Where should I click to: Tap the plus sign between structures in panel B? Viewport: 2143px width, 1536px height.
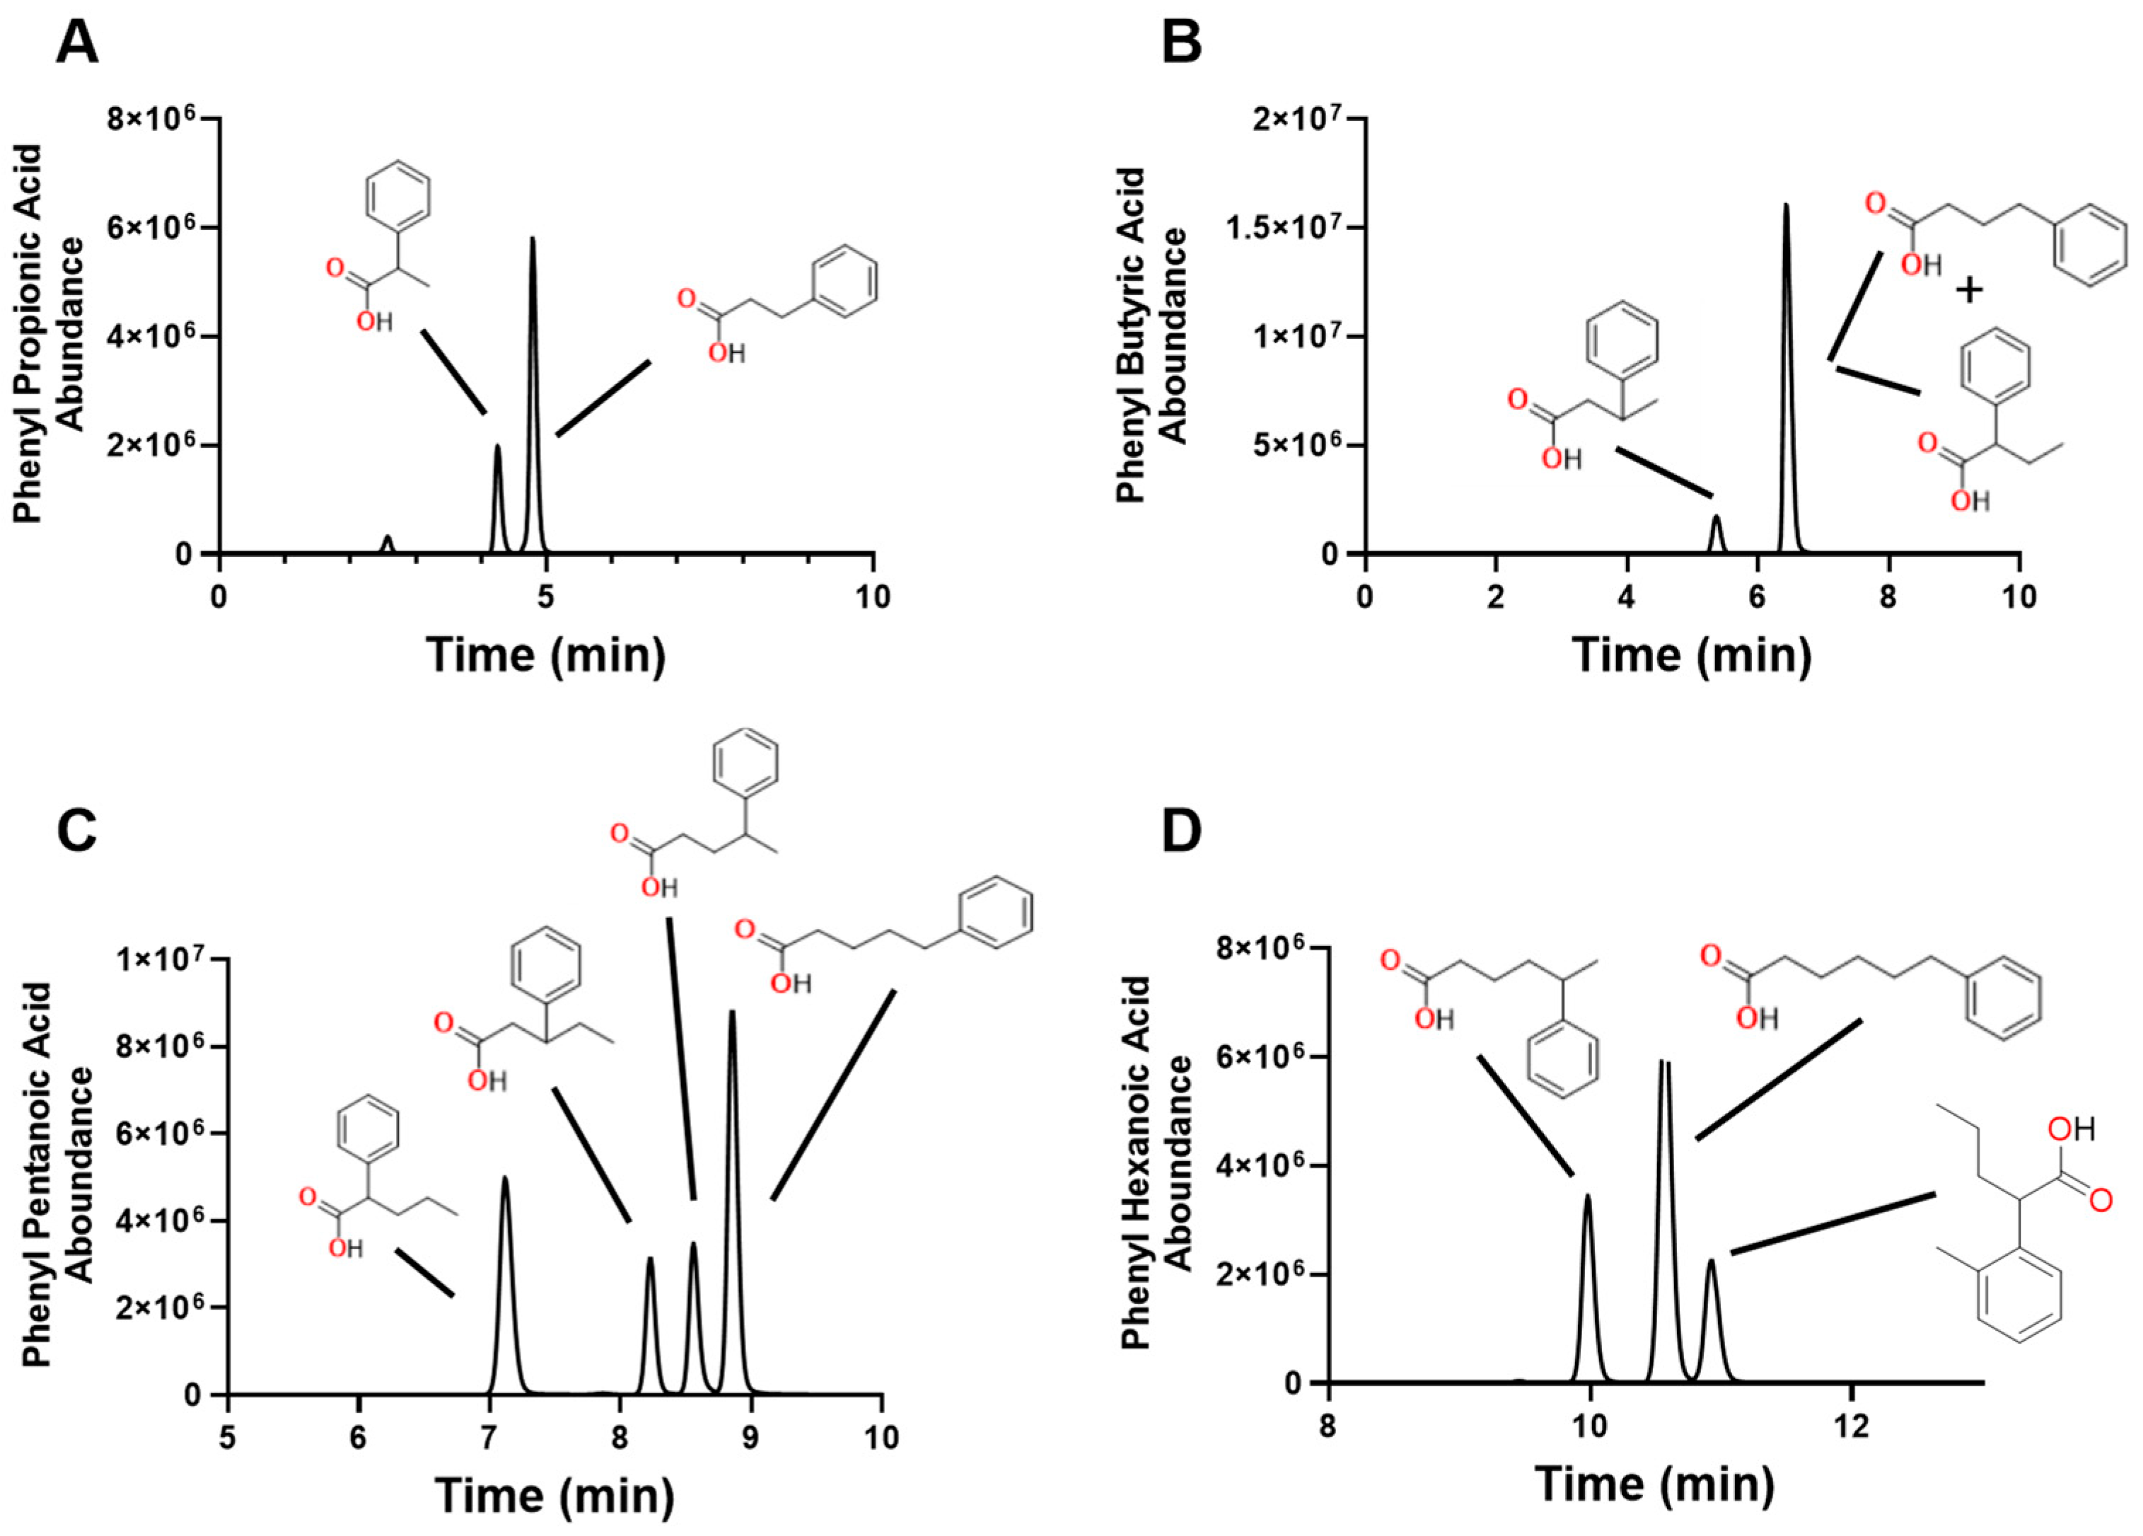(x=1968, y=290)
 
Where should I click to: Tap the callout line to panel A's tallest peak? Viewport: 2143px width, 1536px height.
(x=603, y=398)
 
